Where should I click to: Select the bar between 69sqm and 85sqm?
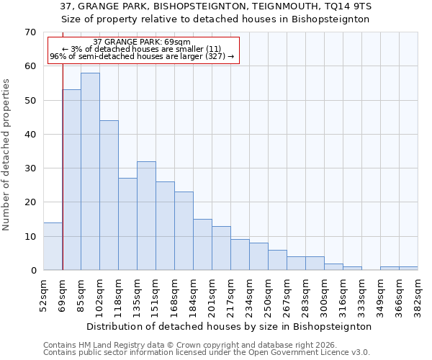click(71, 180)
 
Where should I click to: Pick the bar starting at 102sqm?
click(109, 195)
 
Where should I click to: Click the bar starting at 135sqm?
click(146, 215)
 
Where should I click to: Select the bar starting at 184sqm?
click(202, 245)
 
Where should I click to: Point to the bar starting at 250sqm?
click(277, 260)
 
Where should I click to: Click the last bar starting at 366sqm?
click(408, 269)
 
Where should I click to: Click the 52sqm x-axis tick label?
click(44, 293)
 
